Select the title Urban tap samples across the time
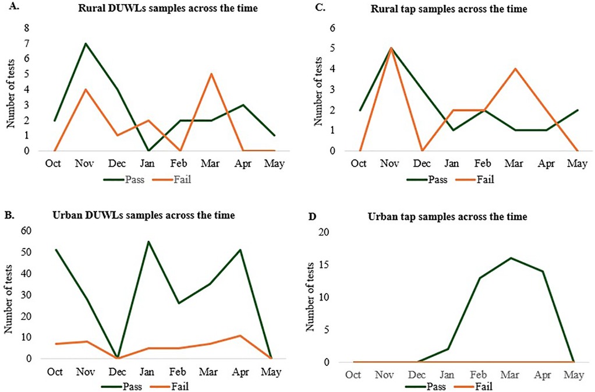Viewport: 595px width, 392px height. [447, 217]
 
